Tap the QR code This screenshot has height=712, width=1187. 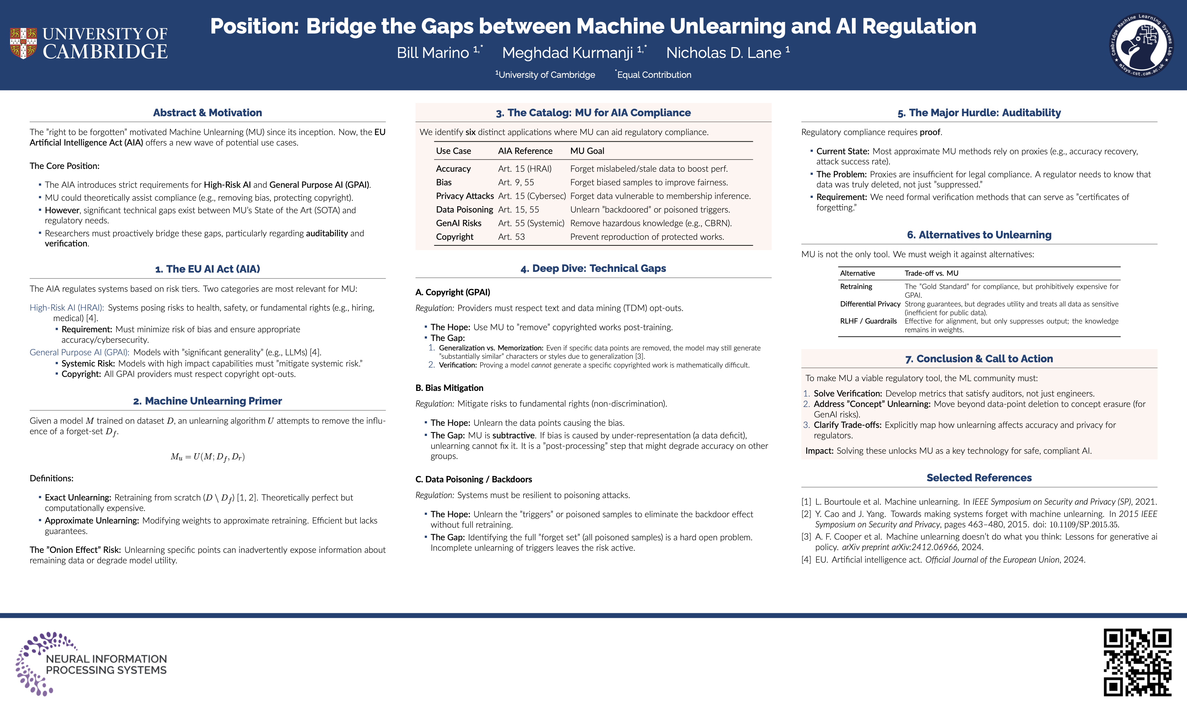pos(1137,662)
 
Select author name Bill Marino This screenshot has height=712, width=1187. pos(433,53)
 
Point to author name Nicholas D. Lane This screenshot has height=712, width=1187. pos(724,53)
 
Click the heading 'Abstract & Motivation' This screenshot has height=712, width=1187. pos(207,113)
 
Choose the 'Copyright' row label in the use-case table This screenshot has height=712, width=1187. pos(454,237)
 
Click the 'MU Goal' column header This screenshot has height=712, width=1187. pos(587,151)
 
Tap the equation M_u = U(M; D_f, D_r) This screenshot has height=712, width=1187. pos(207,457)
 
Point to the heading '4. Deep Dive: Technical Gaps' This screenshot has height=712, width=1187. pos(593,269)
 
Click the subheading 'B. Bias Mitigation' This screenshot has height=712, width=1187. pos(449,388)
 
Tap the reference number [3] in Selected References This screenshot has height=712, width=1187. pos(806,537)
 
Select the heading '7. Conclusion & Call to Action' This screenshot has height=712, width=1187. pos(979,359)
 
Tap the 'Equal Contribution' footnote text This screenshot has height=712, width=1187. pos(654,75)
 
